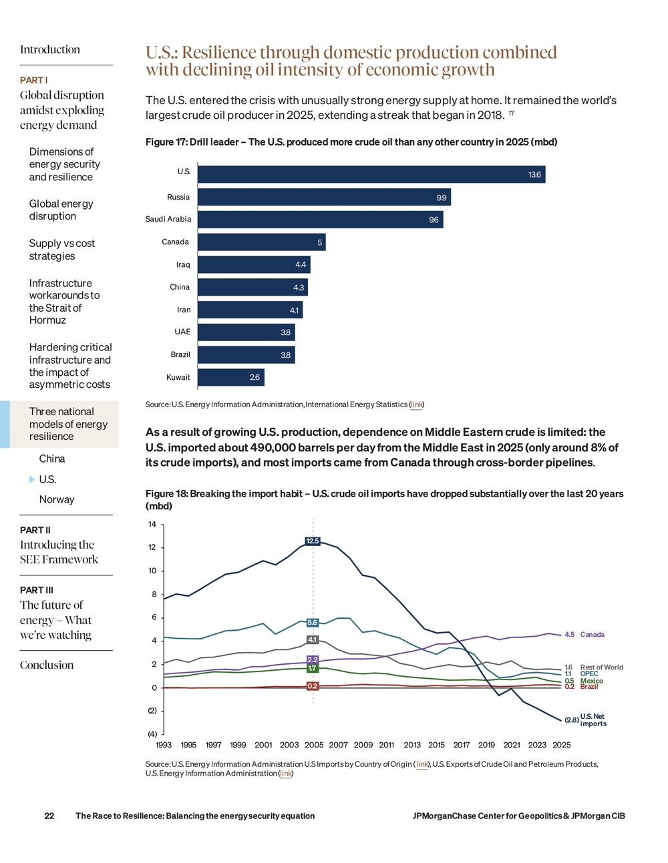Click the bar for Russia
[x=324, y=197]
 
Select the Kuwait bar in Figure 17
[x=231, y=377]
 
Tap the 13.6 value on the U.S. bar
[x=534, y=175]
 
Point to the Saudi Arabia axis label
[x=168, y=219]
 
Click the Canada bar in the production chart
[x=261, y=242]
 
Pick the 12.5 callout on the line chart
[x=313, y=541]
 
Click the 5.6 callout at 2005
[x=313, y=622]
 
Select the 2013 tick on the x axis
[x=412, y=745]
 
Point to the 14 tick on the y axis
[x=152, y=524]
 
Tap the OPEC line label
[x=589, y=674]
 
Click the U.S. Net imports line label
[x=593, y=720]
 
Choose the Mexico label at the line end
[x=592, y=681]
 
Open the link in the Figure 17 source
[x=416, y=404]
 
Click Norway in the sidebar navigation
[x=57, y=499]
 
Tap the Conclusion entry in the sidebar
[x=47, y=665]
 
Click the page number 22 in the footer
[x=49, y=816]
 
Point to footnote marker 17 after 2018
[x=512, y=113]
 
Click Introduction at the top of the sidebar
[x=50, y=49]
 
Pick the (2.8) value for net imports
[x=571, y=720]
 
